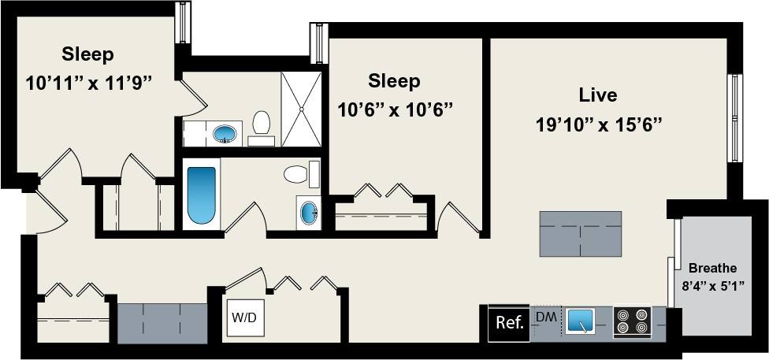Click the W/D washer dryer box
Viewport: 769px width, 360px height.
(244, 317)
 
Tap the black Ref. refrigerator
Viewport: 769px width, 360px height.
(510, 323)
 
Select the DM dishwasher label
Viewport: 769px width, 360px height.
(546, 317)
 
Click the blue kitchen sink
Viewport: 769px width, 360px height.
(580, 321)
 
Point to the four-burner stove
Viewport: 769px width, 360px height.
(632, 321)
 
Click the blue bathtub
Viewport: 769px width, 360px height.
(202, 195)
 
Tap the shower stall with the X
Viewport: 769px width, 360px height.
(301, 109)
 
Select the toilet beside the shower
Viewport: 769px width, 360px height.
(262, 126)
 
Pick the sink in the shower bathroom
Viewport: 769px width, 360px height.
(225, 133)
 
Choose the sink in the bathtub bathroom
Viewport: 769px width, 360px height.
(309, 213)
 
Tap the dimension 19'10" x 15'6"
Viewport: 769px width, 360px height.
(598, 124)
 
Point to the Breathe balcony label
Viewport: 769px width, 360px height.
(712, 269)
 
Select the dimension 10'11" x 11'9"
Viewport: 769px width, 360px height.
(87, 83)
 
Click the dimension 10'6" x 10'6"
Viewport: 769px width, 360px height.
(394, 109)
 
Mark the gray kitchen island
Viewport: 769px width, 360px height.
(580, 234)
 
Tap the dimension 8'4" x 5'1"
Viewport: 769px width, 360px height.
(714, 285)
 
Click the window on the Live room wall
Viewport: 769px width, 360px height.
(735, 118)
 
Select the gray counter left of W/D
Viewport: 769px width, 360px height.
(162, 323)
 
